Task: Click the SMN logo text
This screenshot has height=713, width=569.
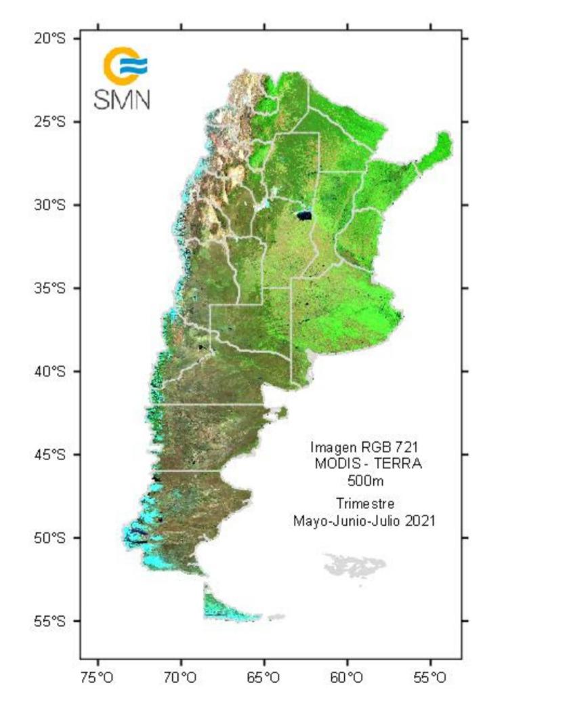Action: [x=122, y=100]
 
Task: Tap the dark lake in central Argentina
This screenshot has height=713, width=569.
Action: [x=303, y=216]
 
